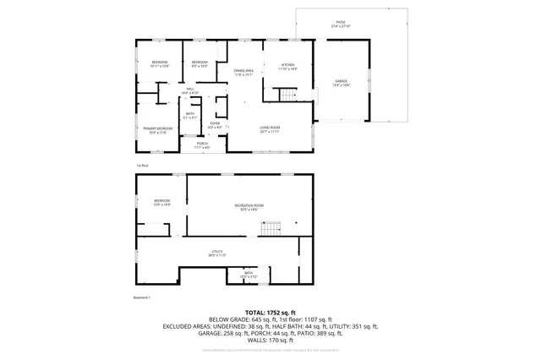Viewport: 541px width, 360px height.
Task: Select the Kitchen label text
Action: click(287, 68)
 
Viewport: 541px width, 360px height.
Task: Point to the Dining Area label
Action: click(244, 73)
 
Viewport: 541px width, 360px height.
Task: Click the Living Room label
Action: click(270, 128)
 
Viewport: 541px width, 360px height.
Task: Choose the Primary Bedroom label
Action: click(158, 129)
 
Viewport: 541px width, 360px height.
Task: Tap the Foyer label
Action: click(216, 125)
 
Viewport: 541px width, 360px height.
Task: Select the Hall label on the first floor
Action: click(191, 90)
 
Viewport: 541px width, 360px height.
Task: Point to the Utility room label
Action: click(217, 254)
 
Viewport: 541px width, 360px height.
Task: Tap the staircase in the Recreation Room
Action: click(270, 229)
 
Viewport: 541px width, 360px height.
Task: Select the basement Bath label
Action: click(249, 275)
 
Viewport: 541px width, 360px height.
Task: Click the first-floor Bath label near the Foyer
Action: click(190, 116)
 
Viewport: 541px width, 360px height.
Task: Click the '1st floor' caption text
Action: click(143, 165)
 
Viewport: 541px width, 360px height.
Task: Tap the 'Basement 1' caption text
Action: click(145, 297)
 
